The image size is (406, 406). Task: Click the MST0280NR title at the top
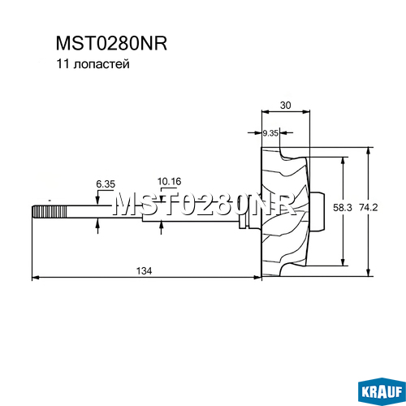click(x=111, y=43)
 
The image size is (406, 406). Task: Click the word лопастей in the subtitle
click(x=101, y=64)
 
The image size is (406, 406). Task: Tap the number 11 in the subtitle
click(x=62, y=64)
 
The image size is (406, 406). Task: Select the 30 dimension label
click(x=285, y=105)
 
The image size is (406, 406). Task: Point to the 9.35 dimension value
click(x=270, y=133)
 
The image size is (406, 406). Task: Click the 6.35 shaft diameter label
click(x=106, y=184)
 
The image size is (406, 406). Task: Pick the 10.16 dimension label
click(x=170, y=181)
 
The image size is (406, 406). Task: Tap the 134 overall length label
click(x=144, y=270)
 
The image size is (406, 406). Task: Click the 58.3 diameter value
click(x=343, y=208)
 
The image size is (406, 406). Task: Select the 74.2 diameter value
click(x=368, y=208)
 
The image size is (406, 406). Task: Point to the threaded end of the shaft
click(x=50, y=212)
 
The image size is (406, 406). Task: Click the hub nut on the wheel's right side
click(x=317, y=211)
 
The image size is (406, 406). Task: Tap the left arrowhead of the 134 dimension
click(x=36, y=277)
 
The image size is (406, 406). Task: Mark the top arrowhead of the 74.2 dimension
click(x=368, y=151)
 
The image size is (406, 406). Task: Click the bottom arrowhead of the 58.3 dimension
click(x=343, y=262)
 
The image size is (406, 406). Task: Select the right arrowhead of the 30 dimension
click(x=306, y=111)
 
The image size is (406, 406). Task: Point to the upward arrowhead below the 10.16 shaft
click(x=162, y=226)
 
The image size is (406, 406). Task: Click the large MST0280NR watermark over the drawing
click(x=205, y=205)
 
